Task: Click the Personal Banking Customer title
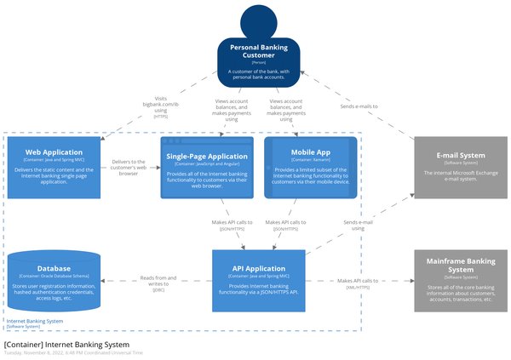click(x=258, y=51)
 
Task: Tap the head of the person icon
click(x=259, y=21)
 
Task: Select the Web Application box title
click(x=53, y=151)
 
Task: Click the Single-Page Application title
click(x=207, y=157)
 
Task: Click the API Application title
click(x=258, y=268)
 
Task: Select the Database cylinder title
click(x=54, y=268)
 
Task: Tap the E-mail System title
click(x=460, y=156)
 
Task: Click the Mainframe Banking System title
click(x=460, y=263)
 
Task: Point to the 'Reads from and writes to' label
click(x=158, y=277)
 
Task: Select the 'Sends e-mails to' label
click(x=359, y=106)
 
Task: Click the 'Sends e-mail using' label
click(x=359, y=225)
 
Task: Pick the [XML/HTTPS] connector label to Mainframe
click(x=359, y=288)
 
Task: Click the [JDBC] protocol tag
click(x=158, y=290)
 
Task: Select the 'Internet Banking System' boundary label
click(x=34, y=321)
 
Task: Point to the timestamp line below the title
click(x=73, y=352)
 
